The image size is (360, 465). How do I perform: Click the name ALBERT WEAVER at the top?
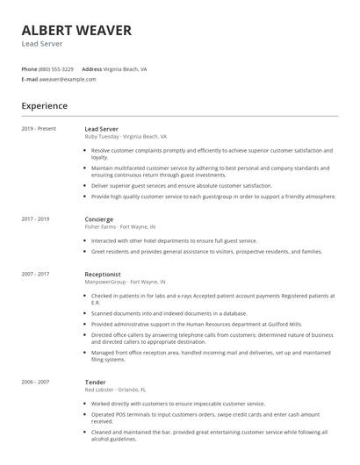[76, 31]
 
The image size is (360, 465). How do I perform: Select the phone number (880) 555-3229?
[56, 68]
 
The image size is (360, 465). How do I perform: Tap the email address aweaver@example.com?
[68, 79]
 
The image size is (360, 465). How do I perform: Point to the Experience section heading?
[44, 106]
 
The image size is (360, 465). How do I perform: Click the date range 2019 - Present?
[39, 129]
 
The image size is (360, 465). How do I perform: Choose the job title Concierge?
[99, 218]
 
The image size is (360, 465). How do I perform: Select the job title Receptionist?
[104, 274]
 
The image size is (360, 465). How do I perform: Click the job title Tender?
[95, 383]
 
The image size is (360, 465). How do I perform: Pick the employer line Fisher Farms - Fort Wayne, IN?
[120, 226]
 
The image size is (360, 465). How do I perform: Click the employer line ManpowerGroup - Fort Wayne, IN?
[125, 282]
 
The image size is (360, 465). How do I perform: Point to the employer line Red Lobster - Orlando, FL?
[115, 390]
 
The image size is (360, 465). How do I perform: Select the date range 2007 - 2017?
[35, 274]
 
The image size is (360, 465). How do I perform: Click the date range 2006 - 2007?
[35, 383]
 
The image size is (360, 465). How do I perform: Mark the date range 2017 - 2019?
[35, 218]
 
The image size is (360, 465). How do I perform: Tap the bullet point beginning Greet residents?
[206, 251]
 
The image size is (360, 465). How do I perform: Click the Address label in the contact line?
[91, 68]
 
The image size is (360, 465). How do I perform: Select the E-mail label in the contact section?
[29, 79]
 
